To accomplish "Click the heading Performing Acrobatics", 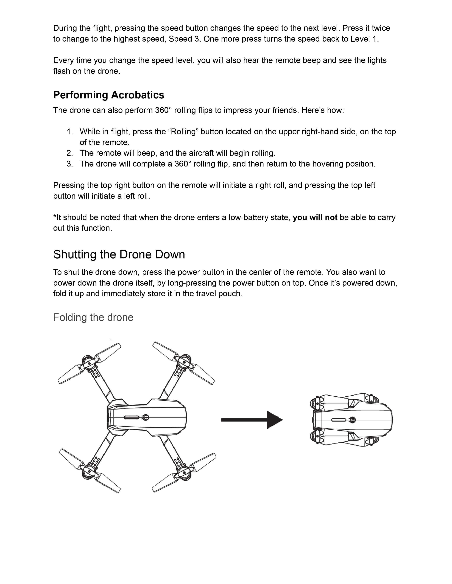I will point(108,95).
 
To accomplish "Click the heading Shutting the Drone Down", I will point(119,254).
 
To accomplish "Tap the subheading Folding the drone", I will point(93,317).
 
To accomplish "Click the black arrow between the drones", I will point(252,420).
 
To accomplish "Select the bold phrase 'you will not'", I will point(315,217).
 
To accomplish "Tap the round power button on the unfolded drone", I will point(146,417).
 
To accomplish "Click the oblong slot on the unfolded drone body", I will point(131,418).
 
